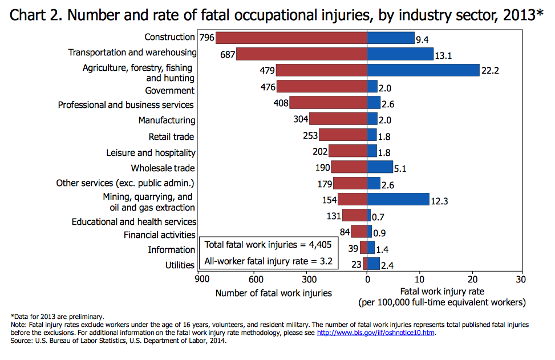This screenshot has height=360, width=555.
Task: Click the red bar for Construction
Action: point(291,38)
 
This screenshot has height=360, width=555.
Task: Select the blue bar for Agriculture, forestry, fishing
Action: point(423,70)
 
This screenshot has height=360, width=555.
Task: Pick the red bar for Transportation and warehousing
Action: point(301,54)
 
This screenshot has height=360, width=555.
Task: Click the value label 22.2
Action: point(490,71)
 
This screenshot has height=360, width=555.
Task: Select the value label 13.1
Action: point(443,55)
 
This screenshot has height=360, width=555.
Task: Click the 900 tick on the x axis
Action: point(201,280)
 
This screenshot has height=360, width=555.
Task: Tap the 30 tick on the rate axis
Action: point(520,280)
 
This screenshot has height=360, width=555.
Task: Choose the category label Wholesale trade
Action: point(163,168)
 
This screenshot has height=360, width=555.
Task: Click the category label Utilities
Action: point(180,265)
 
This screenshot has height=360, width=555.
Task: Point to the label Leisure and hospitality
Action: point(151,153)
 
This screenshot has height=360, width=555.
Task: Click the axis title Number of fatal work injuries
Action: point(273,293)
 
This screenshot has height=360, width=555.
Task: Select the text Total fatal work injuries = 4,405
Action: point(268,245)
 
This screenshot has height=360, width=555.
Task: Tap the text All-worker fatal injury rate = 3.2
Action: point(268,262)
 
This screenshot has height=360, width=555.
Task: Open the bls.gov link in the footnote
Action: point(376,333)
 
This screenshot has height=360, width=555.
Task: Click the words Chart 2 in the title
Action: point(35,15)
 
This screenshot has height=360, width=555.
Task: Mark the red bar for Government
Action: point(322,87)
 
